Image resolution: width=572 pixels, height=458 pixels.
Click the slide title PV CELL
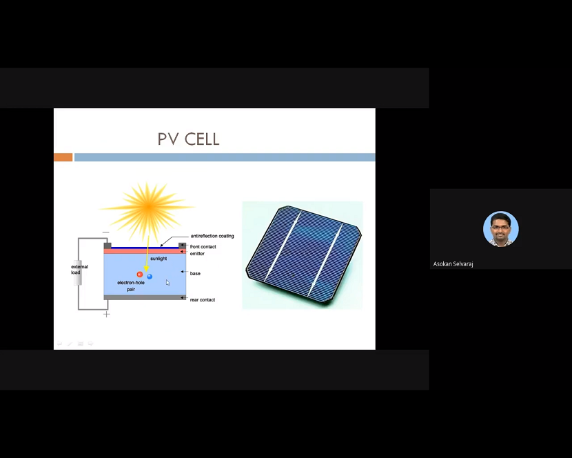click(188, 139)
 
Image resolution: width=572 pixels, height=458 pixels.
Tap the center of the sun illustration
click(147, 206)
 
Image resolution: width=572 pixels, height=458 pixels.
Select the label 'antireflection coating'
click(212, 236)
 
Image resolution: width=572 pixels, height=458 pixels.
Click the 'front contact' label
click(203, 247)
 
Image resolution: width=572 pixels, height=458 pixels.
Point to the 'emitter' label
click(197, 254)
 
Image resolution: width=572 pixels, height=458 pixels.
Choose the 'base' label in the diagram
click(195, 274)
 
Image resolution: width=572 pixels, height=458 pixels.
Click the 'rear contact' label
click(203, 300)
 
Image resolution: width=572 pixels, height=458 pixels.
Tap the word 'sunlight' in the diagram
click(159, 259)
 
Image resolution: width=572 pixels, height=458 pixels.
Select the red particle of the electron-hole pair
click(140, 275)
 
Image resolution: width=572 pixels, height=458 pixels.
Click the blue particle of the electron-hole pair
click(150, 277)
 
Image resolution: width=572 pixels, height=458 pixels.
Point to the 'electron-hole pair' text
click(131, 286)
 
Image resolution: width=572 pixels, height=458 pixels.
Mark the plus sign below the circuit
click(107, 314)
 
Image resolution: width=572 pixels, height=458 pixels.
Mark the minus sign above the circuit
click(105, 232)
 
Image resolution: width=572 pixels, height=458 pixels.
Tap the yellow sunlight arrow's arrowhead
click(145, 268)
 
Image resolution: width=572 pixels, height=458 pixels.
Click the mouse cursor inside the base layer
click(167, 282)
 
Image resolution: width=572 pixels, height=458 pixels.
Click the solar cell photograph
click(303, 255)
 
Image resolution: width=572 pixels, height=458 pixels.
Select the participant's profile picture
click(500, 229)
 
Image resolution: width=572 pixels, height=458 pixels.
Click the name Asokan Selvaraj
click(453, 264)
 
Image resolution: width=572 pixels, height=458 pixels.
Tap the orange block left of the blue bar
click(63, 157)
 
